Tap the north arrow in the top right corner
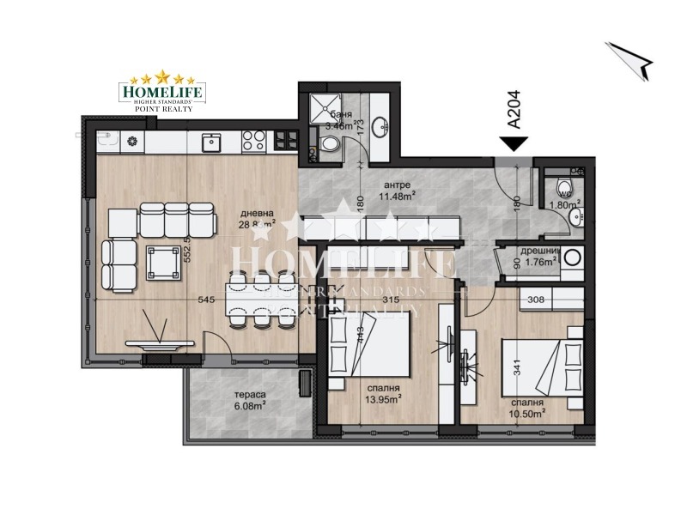pos(631,59)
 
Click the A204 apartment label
pos(514,111)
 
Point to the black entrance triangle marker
pos(514,144)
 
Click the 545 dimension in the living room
pos(205,300)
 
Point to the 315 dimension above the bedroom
pos(392,300)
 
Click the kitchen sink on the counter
pos(211,141)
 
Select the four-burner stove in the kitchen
pos(252,140)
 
